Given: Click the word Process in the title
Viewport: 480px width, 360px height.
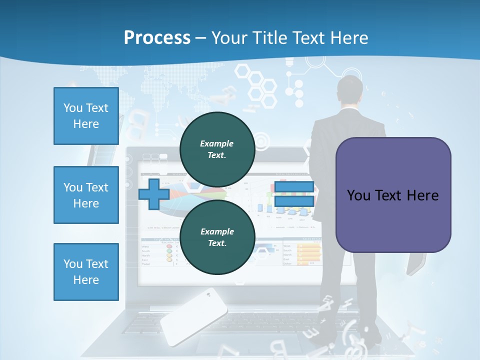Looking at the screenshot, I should coord(157,38).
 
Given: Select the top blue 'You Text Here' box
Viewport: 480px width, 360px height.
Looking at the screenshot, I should coord(86,116).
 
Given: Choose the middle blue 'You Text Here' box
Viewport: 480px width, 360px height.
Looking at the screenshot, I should coord(86,195).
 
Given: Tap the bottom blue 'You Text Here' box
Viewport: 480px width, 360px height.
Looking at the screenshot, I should coord(86,271).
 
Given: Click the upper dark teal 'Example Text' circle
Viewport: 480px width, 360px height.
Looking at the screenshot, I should coord(217,149).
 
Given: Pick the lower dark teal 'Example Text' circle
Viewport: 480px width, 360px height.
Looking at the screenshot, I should coord(217,237).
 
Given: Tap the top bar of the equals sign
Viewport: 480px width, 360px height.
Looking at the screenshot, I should coord(294,187).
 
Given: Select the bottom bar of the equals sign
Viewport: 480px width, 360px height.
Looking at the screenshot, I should coord(294,201).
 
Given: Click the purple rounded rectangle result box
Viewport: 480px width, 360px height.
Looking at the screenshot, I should coord(393,195).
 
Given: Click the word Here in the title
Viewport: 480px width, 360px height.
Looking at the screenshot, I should coord(347,38).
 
